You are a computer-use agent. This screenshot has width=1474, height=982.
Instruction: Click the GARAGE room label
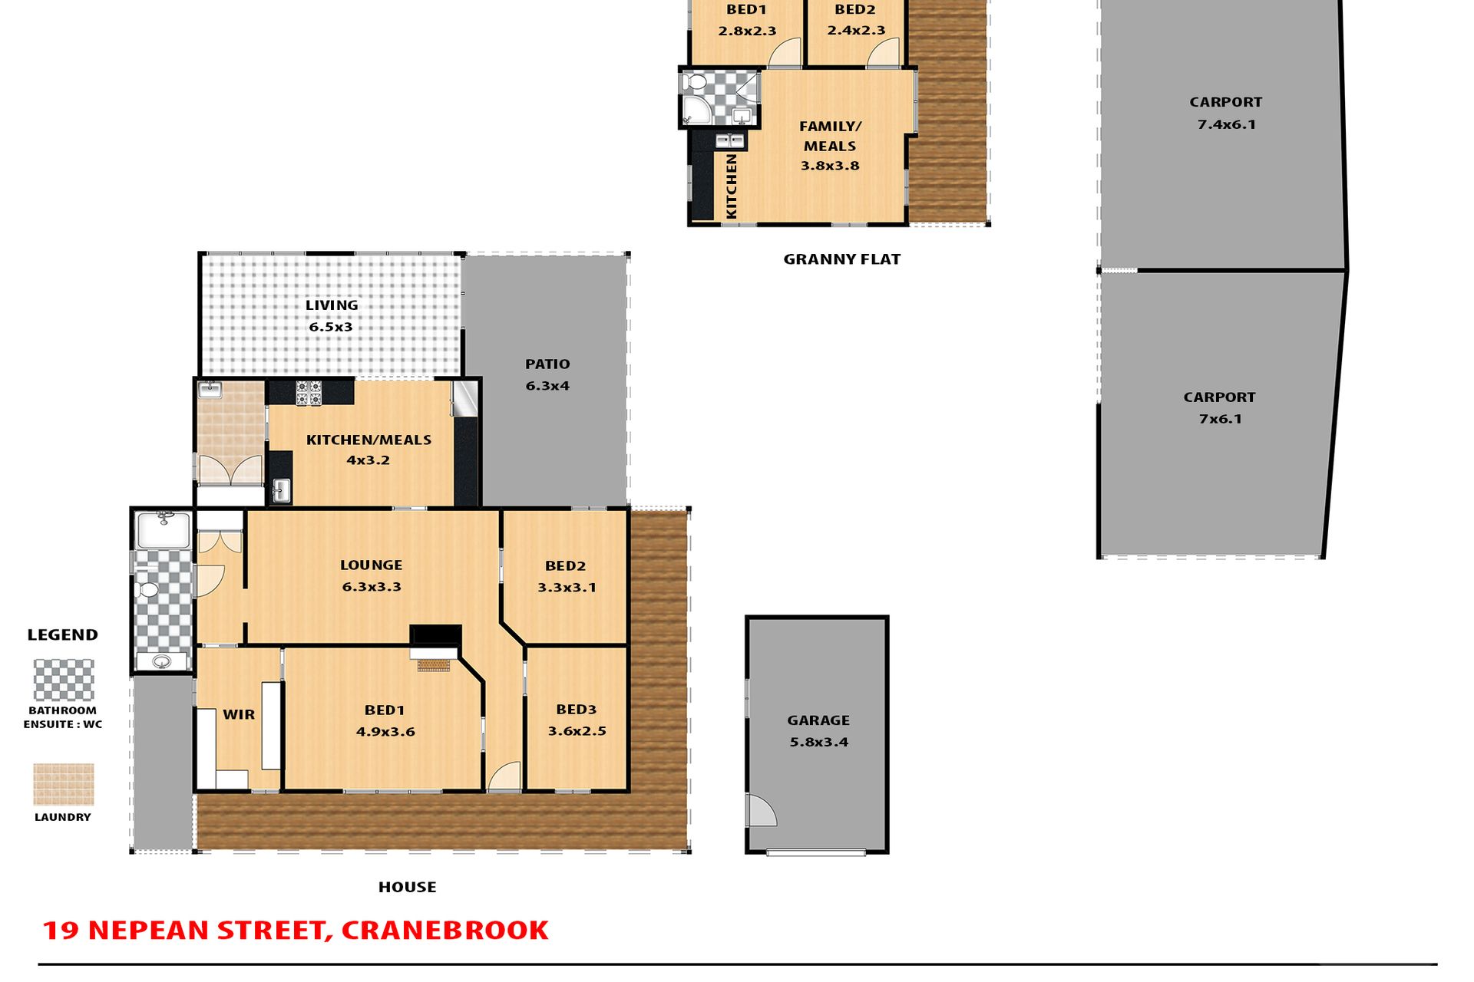point(818,720)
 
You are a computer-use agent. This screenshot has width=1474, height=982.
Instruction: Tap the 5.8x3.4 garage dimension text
point(819,742)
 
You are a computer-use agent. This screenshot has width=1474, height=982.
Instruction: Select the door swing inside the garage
point(762,810)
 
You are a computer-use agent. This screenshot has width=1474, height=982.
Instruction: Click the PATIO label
point(547,364)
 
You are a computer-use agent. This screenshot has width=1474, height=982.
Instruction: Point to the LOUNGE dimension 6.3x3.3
point(372,587)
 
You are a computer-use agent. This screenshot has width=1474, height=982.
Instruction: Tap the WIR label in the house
point(239,714)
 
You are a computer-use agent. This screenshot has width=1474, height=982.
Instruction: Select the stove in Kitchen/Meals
point(309,393)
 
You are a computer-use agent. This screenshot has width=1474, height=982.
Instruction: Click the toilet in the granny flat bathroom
point(696,81)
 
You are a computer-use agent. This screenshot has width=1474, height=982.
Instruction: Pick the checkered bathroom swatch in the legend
point(64,680)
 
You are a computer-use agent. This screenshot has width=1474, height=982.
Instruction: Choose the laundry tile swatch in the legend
point(64,785)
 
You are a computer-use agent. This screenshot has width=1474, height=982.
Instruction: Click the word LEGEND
point(63,635)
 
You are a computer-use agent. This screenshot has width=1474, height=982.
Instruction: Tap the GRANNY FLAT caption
point(842,259)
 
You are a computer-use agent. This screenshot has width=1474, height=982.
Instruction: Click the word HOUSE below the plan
point(408,887)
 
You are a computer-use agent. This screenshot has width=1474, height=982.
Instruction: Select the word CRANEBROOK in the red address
point(445,931)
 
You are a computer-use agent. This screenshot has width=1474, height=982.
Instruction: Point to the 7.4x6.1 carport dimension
point(1227,124)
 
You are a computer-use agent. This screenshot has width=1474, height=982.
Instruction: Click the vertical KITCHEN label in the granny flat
point(732,186)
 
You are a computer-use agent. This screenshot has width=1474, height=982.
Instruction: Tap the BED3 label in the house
point(577,710)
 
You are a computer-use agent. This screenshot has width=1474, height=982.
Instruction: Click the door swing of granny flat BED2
point(884,52)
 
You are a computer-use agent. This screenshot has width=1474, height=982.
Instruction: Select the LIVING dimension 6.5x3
point(331,327)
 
